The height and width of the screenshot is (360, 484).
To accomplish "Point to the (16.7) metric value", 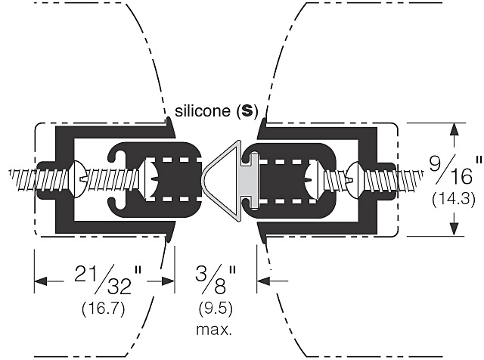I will [x=104, y=309].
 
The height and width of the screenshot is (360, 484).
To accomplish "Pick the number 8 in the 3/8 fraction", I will [x=221, y=287].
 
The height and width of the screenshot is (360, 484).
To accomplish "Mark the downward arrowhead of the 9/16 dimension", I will [x=455, y=230].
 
